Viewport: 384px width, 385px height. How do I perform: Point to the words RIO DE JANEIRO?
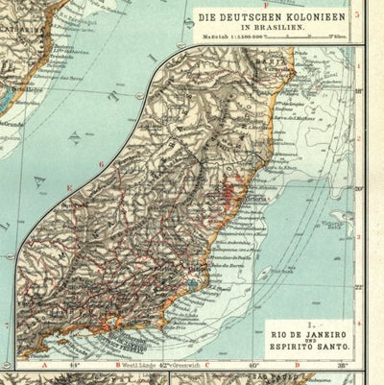pos(295,335)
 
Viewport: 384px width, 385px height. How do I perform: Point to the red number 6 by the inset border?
pos(101,164)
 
